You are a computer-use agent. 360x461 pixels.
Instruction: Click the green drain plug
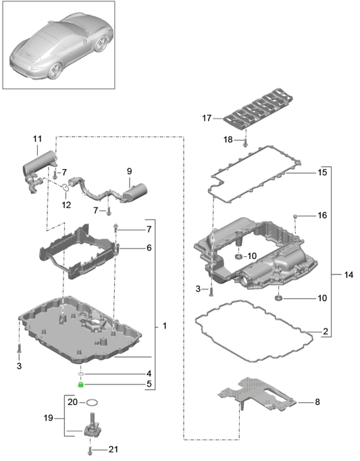point(80,384)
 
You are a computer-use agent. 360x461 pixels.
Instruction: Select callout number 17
point(207,118)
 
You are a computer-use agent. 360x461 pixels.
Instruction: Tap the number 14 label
point(349,275)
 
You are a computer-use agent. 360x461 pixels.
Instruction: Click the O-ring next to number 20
point(92,402)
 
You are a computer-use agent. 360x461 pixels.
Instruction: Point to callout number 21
point(113,450)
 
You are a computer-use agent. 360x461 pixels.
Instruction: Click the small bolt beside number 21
point(90,450)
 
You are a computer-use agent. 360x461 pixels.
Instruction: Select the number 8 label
point(317,402)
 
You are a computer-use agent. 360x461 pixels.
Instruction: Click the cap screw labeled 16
point(296,217)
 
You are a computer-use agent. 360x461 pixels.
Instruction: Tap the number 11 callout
point(37,139)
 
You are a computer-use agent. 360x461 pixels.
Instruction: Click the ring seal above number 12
point(66,187)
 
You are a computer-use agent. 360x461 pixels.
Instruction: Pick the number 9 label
point(130,171)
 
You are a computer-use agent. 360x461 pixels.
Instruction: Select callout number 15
point(322,172)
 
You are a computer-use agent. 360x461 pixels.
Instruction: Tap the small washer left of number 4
point(82,374)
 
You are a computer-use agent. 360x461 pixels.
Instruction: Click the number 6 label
point(149,248)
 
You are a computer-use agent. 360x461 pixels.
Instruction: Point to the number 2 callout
point(326,332)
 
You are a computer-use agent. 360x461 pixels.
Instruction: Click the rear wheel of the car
point(100,43)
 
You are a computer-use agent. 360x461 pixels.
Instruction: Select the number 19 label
point(48,418)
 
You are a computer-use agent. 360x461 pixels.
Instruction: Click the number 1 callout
point(165,326)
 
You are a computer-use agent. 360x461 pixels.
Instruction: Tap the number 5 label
point(149,384)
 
